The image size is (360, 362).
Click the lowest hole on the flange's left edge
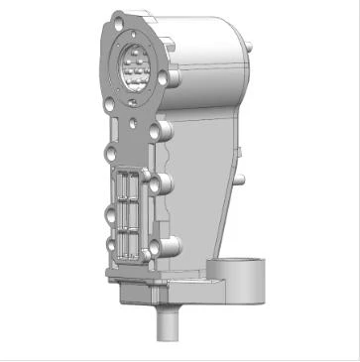tap(110, 246)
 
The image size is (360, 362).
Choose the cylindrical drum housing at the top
tap(203, 50)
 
